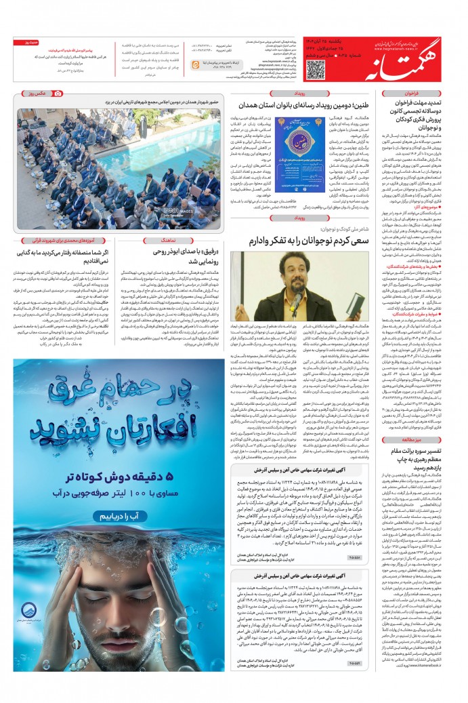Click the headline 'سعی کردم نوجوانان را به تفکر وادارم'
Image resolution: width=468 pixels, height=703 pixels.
pos(309,241)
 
